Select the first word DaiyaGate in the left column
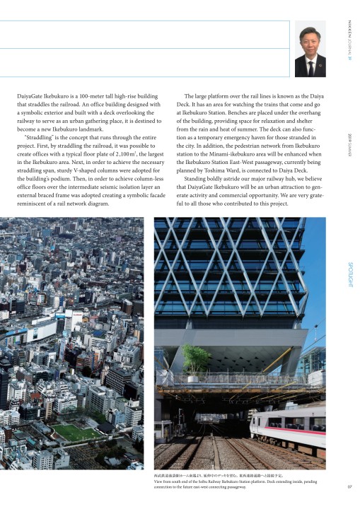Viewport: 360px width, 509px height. [x=31, y=95]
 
